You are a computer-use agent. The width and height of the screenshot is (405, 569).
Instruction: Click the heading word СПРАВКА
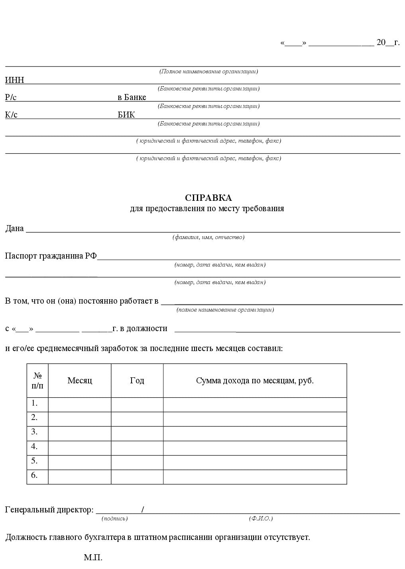(x=208, y=198)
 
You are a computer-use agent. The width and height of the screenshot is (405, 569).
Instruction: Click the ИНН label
(x=14, y=80)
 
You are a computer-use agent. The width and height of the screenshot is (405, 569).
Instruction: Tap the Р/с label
(x=11, y=97)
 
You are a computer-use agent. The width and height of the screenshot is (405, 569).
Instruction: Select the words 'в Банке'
(x=132, y=97)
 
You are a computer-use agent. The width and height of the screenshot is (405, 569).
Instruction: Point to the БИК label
(x=126, y=115)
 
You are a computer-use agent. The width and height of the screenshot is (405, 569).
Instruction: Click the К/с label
(x=11, y=115)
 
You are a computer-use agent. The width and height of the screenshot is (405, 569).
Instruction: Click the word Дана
(x=14, y=229)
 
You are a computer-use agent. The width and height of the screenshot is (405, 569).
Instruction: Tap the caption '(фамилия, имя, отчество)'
(x=208, y=237)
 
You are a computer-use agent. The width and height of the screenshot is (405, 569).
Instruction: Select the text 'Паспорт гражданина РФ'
(x=51, y=256)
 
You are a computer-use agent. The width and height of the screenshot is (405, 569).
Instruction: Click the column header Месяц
(x=80, y=381)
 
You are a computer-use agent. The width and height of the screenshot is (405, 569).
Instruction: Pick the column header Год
(x=137, y=381)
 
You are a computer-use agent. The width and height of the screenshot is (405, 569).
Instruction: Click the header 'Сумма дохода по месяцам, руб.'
(x=255, y=381)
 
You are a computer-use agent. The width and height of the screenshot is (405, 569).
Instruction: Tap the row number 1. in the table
(x=35, y=403)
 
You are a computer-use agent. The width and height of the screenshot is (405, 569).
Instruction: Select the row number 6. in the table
(x=35, y=475)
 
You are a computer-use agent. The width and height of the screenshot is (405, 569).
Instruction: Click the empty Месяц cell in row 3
(x=80, y=434)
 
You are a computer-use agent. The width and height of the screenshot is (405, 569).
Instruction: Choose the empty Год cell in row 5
(x=137, y=462)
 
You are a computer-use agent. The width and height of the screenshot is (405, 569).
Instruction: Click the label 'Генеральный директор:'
(x=49, y=510)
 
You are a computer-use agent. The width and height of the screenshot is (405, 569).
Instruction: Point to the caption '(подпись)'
(x=114, y=518)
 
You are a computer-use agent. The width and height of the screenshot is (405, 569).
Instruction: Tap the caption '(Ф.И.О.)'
(x=261, y=518)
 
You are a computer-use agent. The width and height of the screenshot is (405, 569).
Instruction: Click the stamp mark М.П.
(x=93, y=557)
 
